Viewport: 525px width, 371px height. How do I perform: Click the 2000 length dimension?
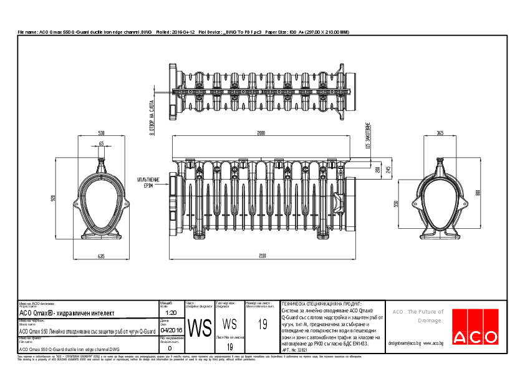click(261, 133)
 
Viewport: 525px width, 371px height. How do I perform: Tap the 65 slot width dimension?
click(101, 144)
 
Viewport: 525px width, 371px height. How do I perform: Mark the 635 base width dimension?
click(101, 256)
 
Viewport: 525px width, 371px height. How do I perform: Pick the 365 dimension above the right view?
click(440, 133)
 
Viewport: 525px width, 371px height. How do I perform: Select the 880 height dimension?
click(478, 193)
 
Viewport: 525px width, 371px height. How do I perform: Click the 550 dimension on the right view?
click(397, 204)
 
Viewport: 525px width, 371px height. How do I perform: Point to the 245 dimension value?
click(388, 169)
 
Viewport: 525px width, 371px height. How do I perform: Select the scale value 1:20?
click(171, 312)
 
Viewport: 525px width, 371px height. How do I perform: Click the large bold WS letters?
click(200, 328)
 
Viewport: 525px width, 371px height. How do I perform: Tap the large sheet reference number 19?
click(262, 324)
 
